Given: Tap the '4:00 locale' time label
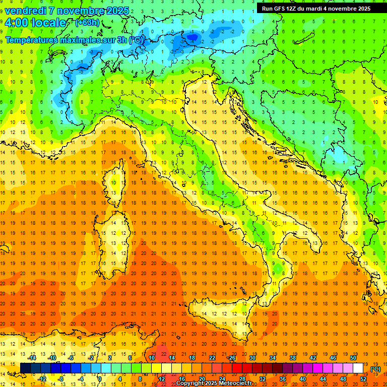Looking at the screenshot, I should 35,23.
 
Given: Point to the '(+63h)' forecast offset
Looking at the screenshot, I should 87,23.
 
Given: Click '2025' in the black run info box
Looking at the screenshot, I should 361,9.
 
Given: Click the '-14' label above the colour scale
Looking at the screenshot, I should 34,358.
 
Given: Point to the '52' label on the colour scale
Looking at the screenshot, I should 363,378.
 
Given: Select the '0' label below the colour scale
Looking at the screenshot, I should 100,378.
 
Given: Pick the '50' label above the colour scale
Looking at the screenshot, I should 353,358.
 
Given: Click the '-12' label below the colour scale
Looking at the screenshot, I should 42,378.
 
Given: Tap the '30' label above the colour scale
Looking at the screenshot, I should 252,358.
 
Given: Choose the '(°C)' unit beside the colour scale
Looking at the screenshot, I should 375,368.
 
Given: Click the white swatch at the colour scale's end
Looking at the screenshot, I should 358,368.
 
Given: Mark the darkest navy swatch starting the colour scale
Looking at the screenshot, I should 25,368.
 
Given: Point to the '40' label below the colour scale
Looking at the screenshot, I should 302,378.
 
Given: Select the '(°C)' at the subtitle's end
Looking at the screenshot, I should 136,40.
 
